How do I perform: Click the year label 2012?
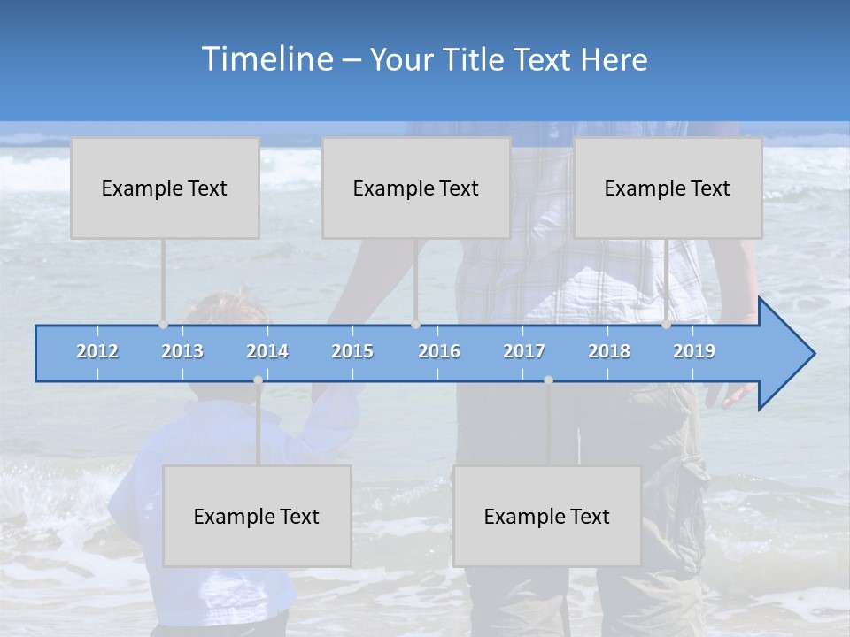pyautogui.click(x=97, y=351)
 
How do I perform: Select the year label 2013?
pyautogui.click(x=182, y=351)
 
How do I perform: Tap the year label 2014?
pyautogui.click(x=267, y=351)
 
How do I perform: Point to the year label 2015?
pyautogui.click(x=352, y=351)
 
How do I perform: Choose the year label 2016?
pyautogui.click(x=439, y=351)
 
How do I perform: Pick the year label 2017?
pyautogui.click(x=524, y=351)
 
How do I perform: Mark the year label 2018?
pyautogui.click(x=609, y=351)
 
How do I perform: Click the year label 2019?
pyautogui.click(x=694, y=351)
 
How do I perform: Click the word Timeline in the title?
pyautogui.click(x=266, y=58)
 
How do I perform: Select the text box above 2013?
pyautogui.click(x=165, y=188)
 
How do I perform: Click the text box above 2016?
pyautogui.click(x=416, y=188)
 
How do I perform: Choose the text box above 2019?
pyautogui.click(x=668, y=188)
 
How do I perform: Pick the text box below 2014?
pyautogui.click(x=257, y=516)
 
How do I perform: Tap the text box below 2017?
pyautogui.click(x=547, y=516)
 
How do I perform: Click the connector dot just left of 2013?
pyautogui.click(x=163, y=325)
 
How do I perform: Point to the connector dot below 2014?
pyautogui.click(x=258, y=380)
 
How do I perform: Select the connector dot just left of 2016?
pyautogui.click(x=415, y=325)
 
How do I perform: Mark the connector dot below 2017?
pyautogui.click(x=548, y=380)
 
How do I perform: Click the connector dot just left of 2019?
pyautogui.click(x=666, y=325)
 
